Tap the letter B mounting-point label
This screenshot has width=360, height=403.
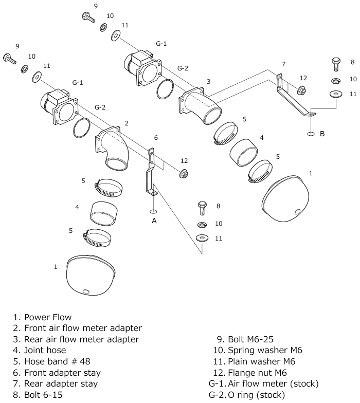coord(322,134)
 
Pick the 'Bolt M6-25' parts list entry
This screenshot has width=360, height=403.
coord(244,339)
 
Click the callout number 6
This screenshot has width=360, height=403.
coord(156,138)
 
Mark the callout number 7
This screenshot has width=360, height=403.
coord(283,64)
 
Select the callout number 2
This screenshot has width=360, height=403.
coord(127,123)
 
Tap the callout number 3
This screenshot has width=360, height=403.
coord(208,82)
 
